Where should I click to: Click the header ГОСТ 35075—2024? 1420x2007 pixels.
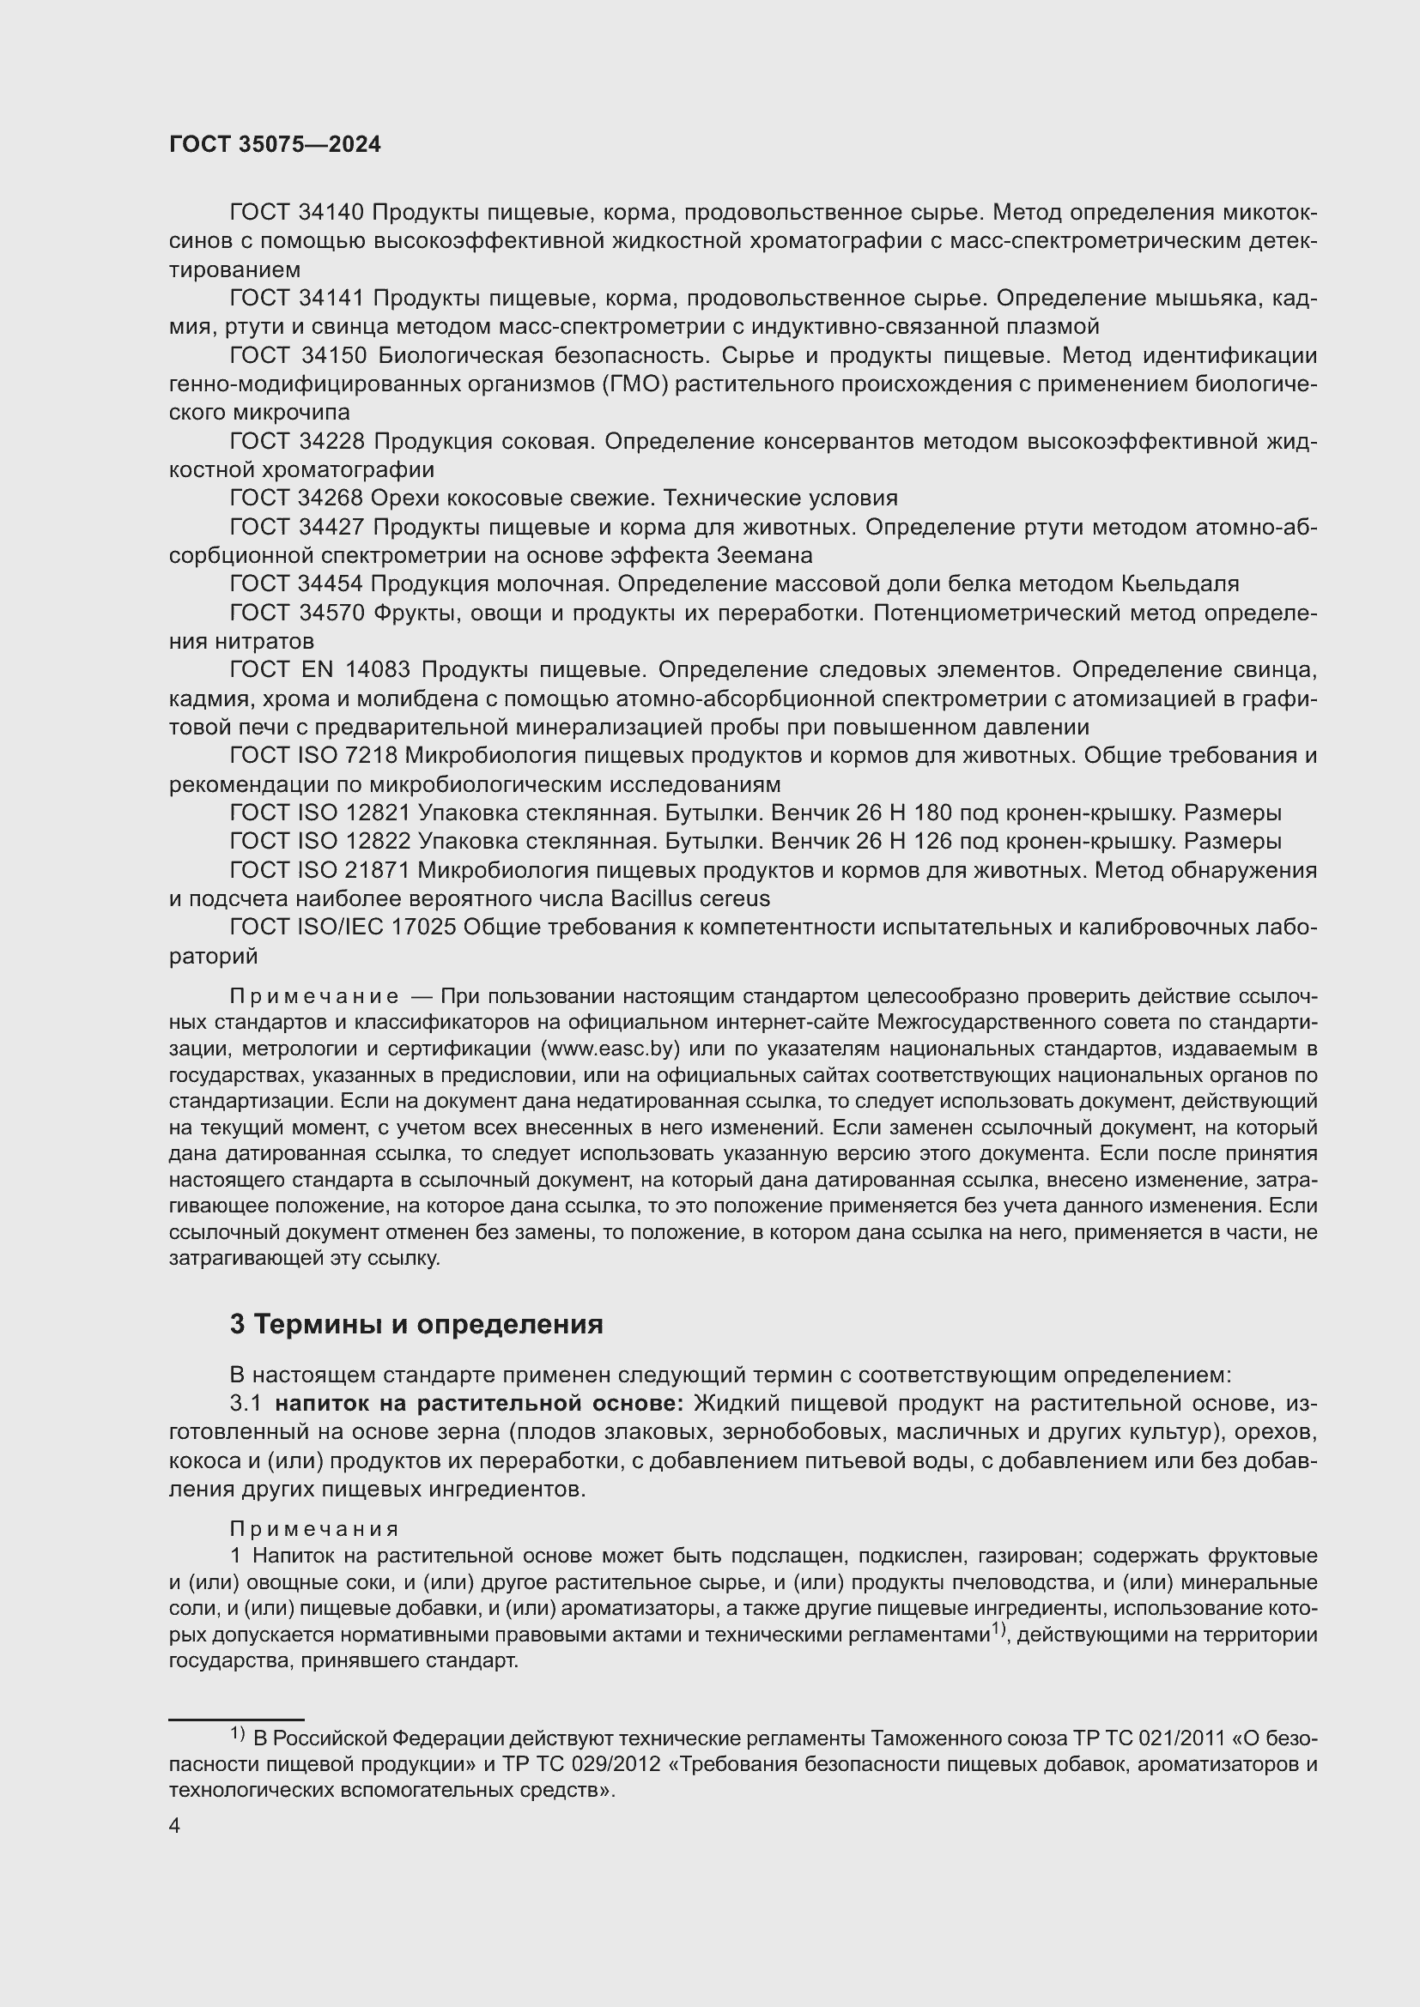point(275,145)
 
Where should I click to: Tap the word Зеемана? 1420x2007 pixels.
point(764,555)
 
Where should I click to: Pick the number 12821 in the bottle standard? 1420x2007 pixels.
point(378,813)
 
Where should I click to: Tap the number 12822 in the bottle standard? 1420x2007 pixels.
point(378,842)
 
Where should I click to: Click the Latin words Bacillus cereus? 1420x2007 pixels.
point(690,898)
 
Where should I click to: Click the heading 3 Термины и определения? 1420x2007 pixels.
point(416,1324)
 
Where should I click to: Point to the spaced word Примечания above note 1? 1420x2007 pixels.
point(314,1529)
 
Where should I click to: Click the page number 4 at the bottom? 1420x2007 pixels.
point(174,1826)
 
